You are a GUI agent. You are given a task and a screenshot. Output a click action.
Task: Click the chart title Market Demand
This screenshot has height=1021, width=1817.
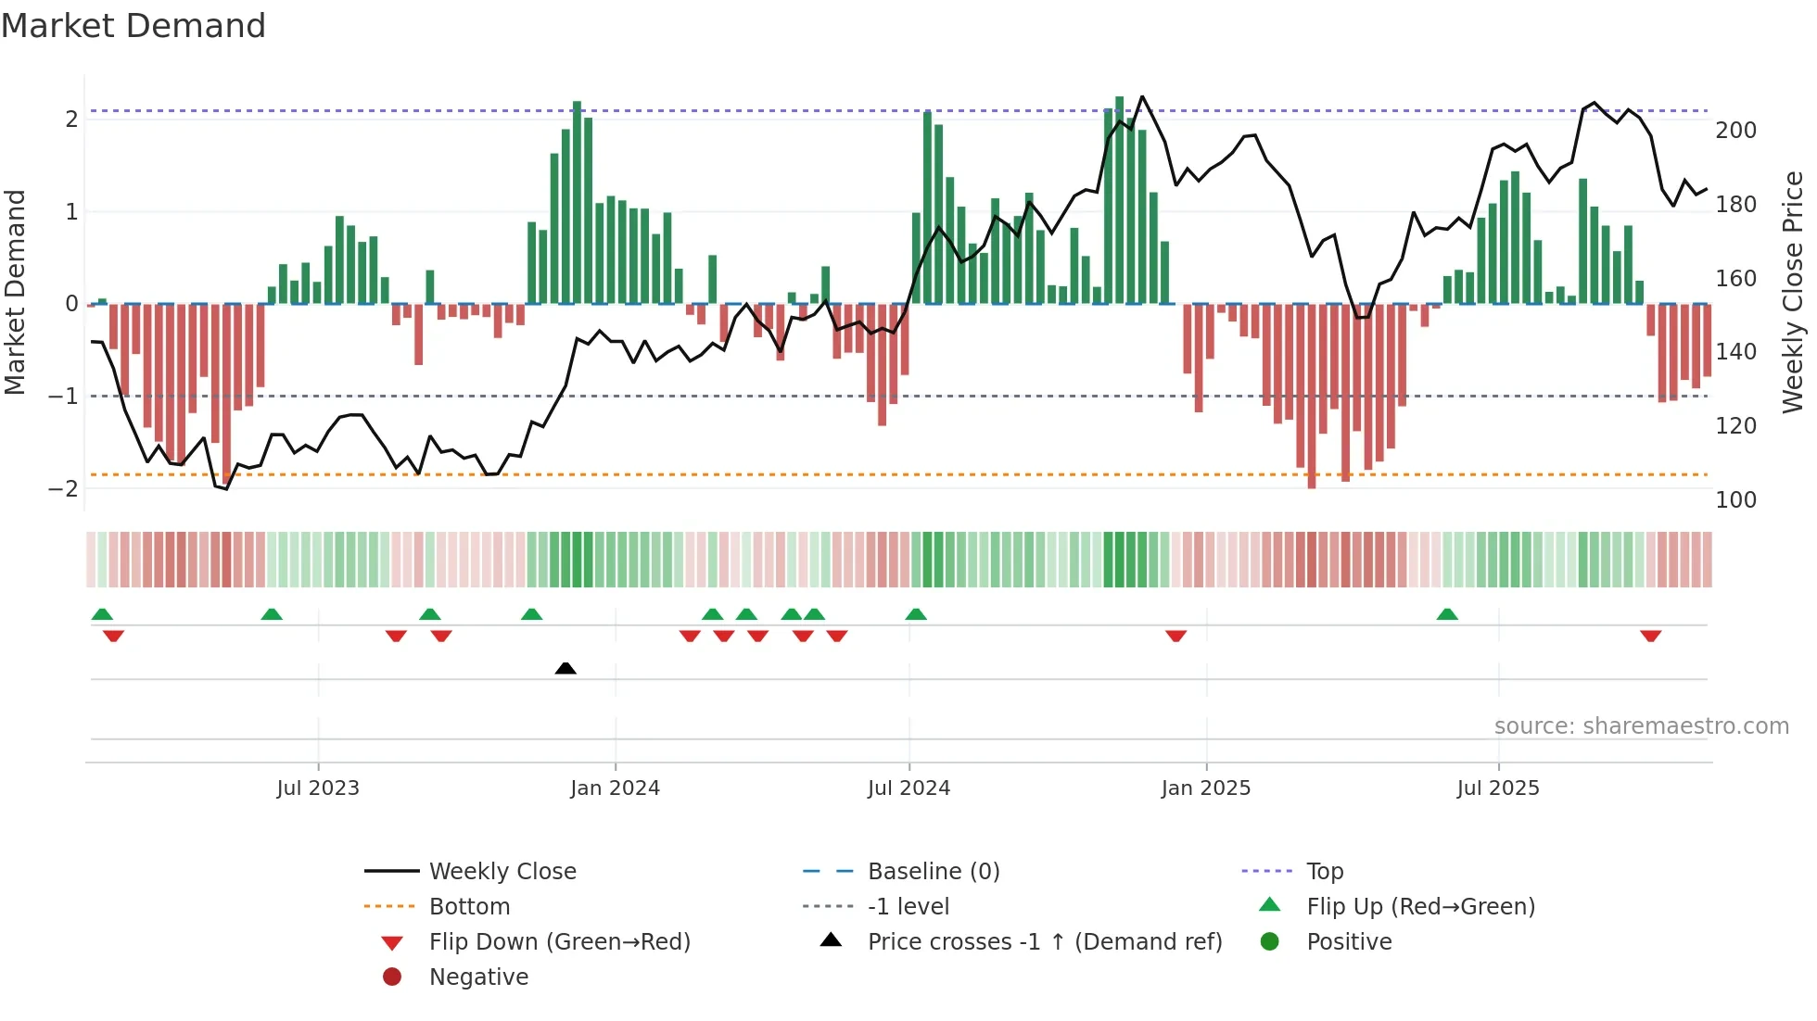pos(133,26)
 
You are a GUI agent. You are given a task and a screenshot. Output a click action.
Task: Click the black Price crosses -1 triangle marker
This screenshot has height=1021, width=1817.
pos(565,668)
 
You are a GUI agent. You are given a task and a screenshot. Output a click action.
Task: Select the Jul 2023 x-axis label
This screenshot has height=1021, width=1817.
pos(318,788)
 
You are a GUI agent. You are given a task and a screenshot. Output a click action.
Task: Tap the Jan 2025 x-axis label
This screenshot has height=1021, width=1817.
pos(1205,788)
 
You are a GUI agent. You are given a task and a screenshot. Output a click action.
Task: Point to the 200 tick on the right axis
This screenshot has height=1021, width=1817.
pos(1735,131)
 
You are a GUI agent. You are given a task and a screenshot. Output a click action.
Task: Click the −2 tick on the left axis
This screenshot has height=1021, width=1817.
pos(64,488)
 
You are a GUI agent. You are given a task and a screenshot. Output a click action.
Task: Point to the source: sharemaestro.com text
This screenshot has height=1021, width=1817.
pos(1641,726)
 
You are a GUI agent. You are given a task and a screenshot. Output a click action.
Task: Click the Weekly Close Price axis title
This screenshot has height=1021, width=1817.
pos(1793,292)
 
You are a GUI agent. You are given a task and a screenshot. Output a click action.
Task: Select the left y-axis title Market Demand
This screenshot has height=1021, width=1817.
pos(15,292)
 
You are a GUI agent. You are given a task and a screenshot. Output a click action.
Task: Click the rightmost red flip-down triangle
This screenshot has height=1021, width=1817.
pos(1650,636)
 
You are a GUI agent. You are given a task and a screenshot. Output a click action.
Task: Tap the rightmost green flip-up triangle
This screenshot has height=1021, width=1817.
pos(1447,614)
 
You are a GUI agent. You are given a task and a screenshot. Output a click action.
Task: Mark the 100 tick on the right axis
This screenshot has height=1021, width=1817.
pos(1735,500)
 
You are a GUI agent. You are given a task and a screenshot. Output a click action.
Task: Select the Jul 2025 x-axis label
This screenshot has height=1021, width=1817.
pos(1497,788)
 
